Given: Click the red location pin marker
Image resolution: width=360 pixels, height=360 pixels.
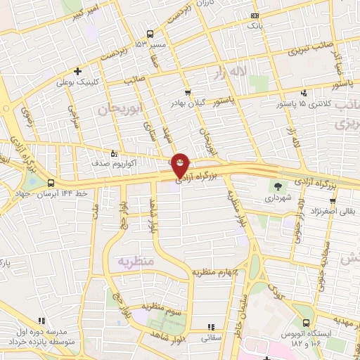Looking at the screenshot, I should pyautogui.click(x=181, y=166).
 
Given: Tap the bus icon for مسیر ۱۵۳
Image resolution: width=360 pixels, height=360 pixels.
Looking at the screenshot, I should pyautogui.click(x=150, y=34).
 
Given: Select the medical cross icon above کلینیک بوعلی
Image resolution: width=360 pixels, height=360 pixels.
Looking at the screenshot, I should pyautogui.click(x=77, y=70).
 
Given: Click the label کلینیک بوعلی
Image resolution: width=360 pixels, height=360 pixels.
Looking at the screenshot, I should pyautogui.click(x=77, y=82).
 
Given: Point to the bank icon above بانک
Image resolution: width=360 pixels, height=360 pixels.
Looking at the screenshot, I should pyautogui.click(x=254, y=15).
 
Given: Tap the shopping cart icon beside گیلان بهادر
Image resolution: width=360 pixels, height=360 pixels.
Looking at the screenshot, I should pyautogui.click(x=187, y=92).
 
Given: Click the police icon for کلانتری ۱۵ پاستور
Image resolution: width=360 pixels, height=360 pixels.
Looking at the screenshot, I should pyautogui.click(x=303, y=93).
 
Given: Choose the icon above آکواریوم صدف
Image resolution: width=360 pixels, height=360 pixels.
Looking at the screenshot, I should pyautogui.click(x=113, y=153).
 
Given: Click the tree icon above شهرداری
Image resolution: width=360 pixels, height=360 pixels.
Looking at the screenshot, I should pyautogui.click(x=280, y=186).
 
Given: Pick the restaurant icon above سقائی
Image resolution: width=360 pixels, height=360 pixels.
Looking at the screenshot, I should pyautogui.click(x=211, y=327).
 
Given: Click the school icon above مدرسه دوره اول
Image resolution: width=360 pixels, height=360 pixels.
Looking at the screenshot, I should pyautogui.click(x=41, y=320).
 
